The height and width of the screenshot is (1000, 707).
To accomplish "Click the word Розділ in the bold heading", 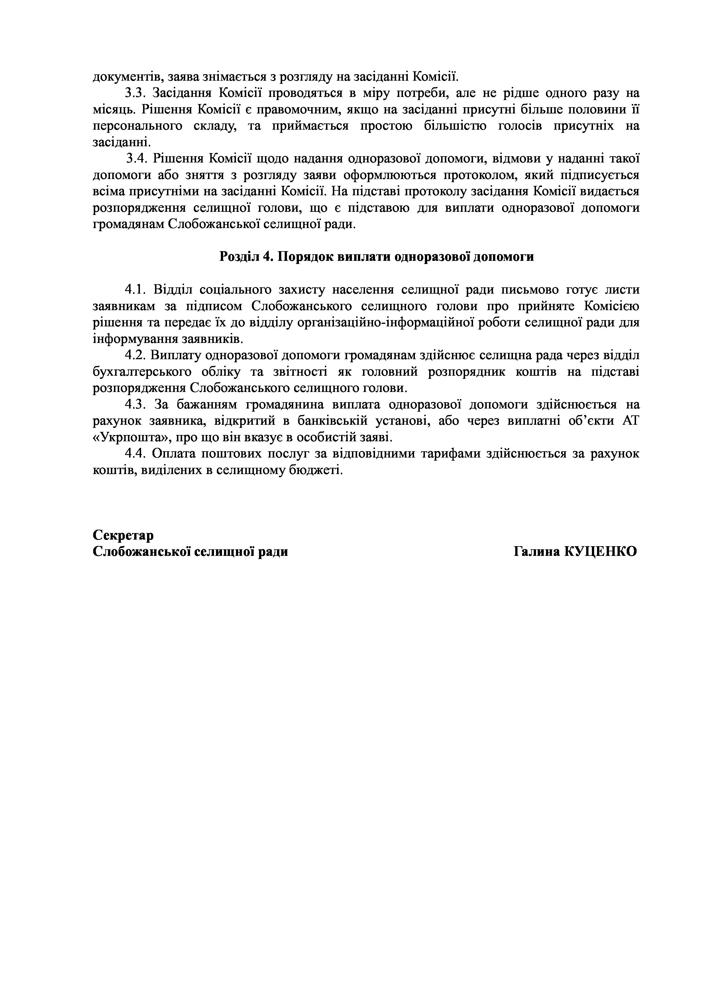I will pyautogui.click(x=239, y=257).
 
